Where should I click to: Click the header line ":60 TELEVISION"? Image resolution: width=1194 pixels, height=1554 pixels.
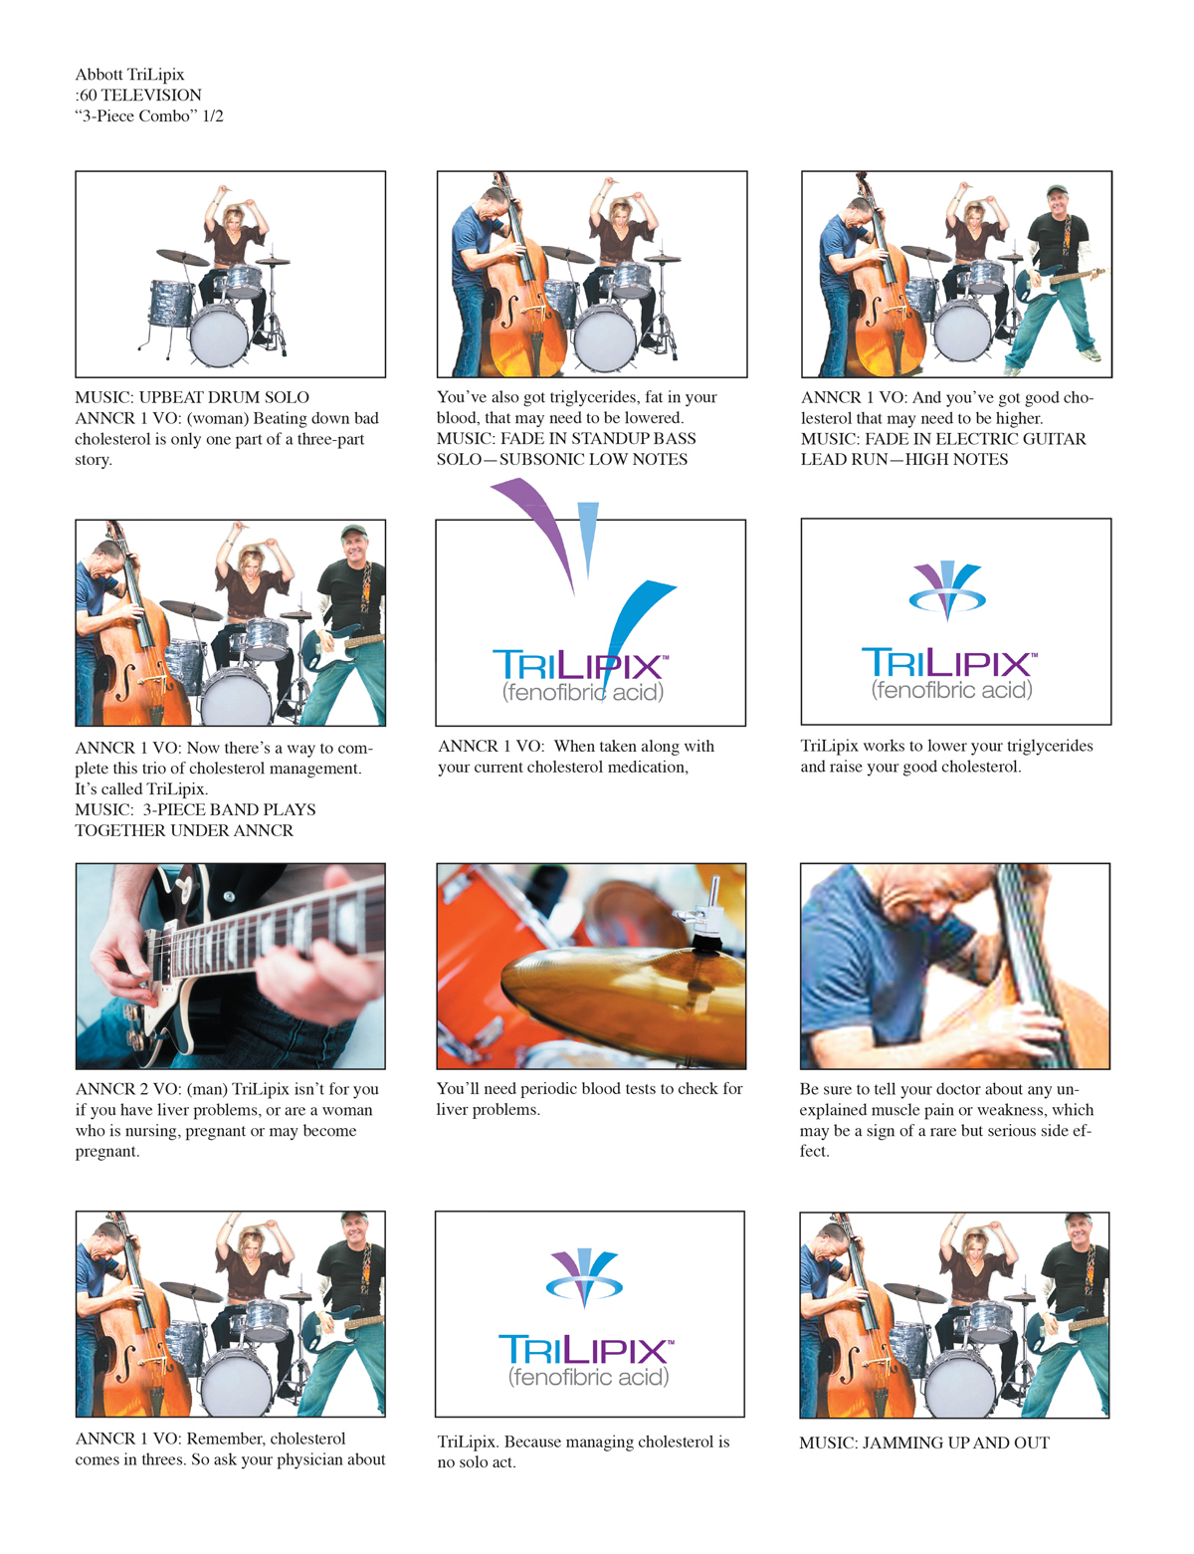coord(138,96)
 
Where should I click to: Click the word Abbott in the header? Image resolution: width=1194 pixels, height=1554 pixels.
coord(99,75)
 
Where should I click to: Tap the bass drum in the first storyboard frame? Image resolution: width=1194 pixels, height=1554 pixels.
coord(219,334)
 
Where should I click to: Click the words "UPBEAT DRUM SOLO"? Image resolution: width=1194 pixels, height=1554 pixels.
coord(224,397)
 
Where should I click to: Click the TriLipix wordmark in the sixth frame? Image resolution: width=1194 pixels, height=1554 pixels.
coord(949,662)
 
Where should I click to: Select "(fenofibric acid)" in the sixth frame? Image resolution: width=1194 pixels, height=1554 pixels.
coord(951,690)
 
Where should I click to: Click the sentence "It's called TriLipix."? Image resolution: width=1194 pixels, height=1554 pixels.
coord(141,788)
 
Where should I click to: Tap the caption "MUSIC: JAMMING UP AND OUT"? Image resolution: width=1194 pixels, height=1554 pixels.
coord(924,1443)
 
